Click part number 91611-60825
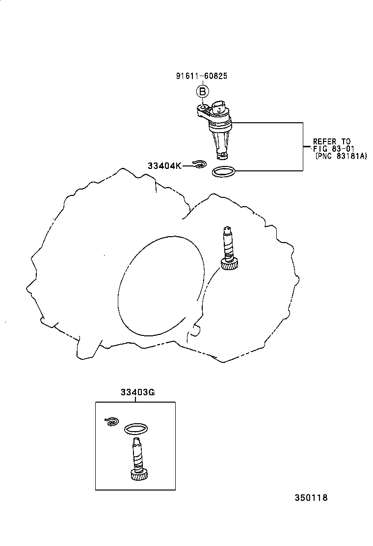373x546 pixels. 202,76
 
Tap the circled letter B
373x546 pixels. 202,91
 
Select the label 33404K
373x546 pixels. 164,166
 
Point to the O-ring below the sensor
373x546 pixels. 223,172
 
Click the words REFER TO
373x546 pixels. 332,142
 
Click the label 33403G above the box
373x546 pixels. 137,392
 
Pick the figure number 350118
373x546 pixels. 311,497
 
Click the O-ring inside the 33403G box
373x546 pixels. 136,429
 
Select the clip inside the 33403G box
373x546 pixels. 112,421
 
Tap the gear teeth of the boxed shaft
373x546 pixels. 139,475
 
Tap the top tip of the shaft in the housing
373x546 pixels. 226,229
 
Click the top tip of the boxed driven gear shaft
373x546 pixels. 135,440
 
